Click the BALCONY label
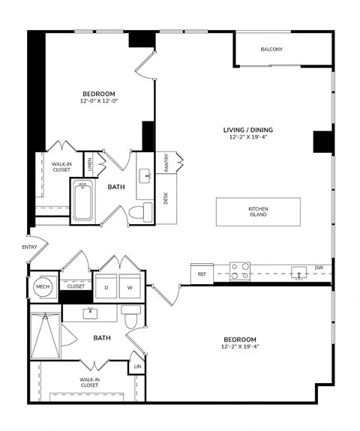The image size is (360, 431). point(271,49)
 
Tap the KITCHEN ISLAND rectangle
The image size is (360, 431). point(258,211)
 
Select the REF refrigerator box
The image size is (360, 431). point(202,274)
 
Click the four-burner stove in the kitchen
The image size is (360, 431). point(240,271)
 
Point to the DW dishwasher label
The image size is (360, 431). point(319,268)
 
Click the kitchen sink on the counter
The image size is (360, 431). point(299,273)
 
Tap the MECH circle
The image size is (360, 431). point(43,286)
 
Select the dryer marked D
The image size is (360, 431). point(106,286)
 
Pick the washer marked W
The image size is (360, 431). point(130,286)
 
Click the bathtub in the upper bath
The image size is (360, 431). point(82,200)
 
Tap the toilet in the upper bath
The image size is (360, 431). point(140,212)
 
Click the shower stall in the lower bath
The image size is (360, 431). point(45,336)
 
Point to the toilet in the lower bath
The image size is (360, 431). point(131,316)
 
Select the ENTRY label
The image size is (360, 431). point(29,247)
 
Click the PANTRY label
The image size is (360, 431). point(166,163)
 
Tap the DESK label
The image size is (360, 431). point(166,198)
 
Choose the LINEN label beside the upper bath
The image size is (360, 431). point(90,164)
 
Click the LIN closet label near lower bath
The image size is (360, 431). point(137,367)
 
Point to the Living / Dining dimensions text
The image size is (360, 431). point(248,137)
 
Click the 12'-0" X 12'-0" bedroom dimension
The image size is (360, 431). point(99,101)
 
